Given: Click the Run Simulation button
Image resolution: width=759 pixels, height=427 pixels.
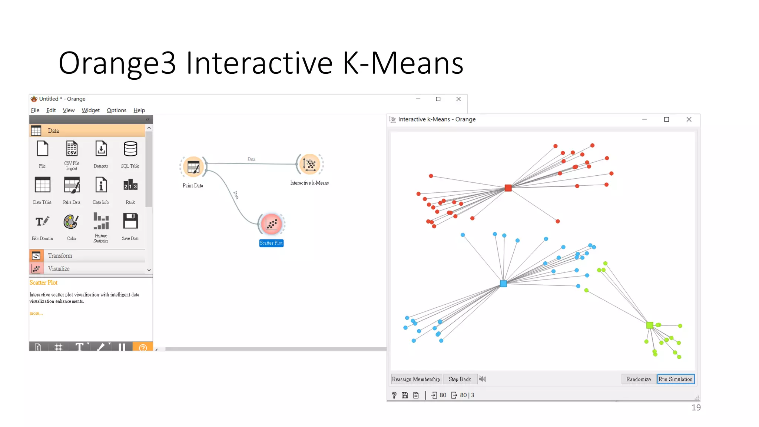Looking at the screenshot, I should coord(675,379).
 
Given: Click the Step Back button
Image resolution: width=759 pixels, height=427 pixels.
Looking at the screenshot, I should coord(460,379).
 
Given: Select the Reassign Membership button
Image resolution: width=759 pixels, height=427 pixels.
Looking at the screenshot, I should coord(416,379).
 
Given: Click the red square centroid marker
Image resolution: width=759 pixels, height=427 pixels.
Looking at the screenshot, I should coord(508,188).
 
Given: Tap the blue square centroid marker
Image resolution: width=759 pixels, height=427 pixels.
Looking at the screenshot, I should coord(503,284).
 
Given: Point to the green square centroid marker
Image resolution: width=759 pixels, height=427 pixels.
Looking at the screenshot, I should coord(649,325).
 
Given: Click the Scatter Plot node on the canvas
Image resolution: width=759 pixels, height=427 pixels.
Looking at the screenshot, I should coord(271,224).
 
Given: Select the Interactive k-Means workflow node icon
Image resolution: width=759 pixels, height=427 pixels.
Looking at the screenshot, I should coord(309,164).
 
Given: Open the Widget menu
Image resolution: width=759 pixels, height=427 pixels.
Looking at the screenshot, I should coord(90,110).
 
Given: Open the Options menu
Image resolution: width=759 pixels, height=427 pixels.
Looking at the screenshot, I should coord(116,110).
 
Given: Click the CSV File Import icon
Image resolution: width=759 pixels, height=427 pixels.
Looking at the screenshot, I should coord(72,149).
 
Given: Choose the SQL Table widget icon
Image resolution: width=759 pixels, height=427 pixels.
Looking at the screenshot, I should coord(130,149).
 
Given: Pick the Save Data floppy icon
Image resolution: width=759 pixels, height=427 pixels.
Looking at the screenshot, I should coord(130,221).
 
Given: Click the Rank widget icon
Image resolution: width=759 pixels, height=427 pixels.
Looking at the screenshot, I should coord(130,185).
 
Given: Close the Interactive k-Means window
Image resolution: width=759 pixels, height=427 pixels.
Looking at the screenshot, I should coord(689,119).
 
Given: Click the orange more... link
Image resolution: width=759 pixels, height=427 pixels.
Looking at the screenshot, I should coord(36,313).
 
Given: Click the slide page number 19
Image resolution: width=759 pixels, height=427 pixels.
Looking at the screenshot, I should coord(696,407).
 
